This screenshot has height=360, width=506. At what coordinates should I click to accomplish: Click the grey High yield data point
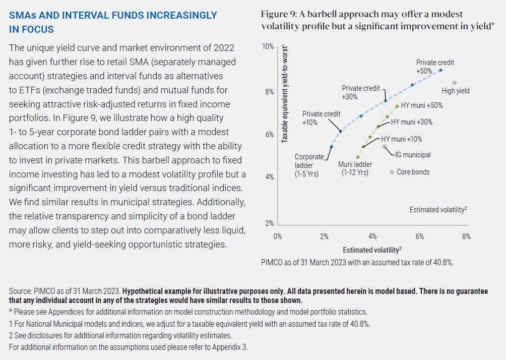454,83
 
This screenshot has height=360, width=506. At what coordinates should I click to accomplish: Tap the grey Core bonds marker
391,172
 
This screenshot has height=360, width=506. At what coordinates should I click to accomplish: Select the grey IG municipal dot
385,146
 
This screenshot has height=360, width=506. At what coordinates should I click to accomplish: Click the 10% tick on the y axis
268,46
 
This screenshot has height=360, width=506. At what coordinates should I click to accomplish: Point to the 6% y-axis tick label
270,135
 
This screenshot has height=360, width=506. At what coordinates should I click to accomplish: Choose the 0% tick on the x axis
277,236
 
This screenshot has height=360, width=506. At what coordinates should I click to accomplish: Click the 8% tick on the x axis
466,236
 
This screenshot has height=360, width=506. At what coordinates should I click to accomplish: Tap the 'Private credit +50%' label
435,67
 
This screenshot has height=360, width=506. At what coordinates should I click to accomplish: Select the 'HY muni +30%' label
411,122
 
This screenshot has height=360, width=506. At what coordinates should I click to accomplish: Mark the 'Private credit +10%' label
321,118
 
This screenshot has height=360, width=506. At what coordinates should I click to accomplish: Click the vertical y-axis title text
285,93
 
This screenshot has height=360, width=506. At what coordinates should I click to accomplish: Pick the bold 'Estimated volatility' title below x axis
372,250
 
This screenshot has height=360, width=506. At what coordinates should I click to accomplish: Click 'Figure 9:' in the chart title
279,14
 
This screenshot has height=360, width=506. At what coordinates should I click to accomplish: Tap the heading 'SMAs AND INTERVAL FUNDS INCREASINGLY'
113,16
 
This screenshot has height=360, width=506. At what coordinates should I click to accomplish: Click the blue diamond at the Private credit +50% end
440,70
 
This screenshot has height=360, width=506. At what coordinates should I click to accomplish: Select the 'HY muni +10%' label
401,139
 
